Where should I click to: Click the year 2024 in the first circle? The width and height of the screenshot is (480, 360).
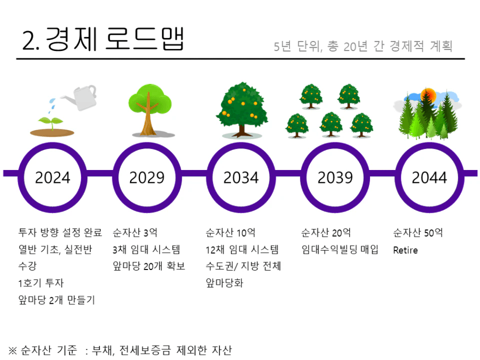pyautogui.click(x=53, y=177)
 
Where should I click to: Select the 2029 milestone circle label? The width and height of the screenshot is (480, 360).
pyautogui.click(x=147, y=177)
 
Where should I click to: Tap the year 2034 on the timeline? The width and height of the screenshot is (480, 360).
pyautogui.click(x=241, y=177)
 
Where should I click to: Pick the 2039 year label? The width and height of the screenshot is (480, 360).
pyautogui.click(x=335, y=177)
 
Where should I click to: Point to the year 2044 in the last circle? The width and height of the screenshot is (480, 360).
pyautogui.click(x=429, y=177)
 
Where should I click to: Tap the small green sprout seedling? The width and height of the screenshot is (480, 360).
pyautogui.click(x=52, y=123)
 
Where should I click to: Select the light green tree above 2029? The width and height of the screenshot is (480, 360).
pyautogui.click(x=150, y=109)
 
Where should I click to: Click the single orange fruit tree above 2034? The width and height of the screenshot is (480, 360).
pyautogui.click(x=242, y=109)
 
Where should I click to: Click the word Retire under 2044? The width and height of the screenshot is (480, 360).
pyautogui.click(x=405, y=250)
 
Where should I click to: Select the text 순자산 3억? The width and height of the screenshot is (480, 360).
pyautogui.click(x=135, y=233)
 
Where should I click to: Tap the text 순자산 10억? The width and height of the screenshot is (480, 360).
pyautogui.click(x=231, y=233)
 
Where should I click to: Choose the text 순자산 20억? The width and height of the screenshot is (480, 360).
pyautogui.click(x=326, y=233)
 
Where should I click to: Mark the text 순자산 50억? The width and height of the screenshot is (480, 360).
pyautogui.click(x=418, y=233)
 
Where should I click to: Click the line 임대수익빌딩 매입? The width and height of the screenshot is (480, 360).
pyautogui.click(x=340, y=249)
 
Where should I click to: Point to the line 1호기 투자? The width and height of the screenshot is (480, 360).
pyautogui.click(x=41, y=283)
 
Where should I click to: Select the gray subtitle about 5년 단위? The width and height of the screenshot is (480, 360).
pyautogui.click(x=363, y=46)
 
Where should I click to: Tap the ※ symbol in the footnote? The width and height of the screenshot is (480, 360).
pyautogui.click(x=12, y=350)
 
